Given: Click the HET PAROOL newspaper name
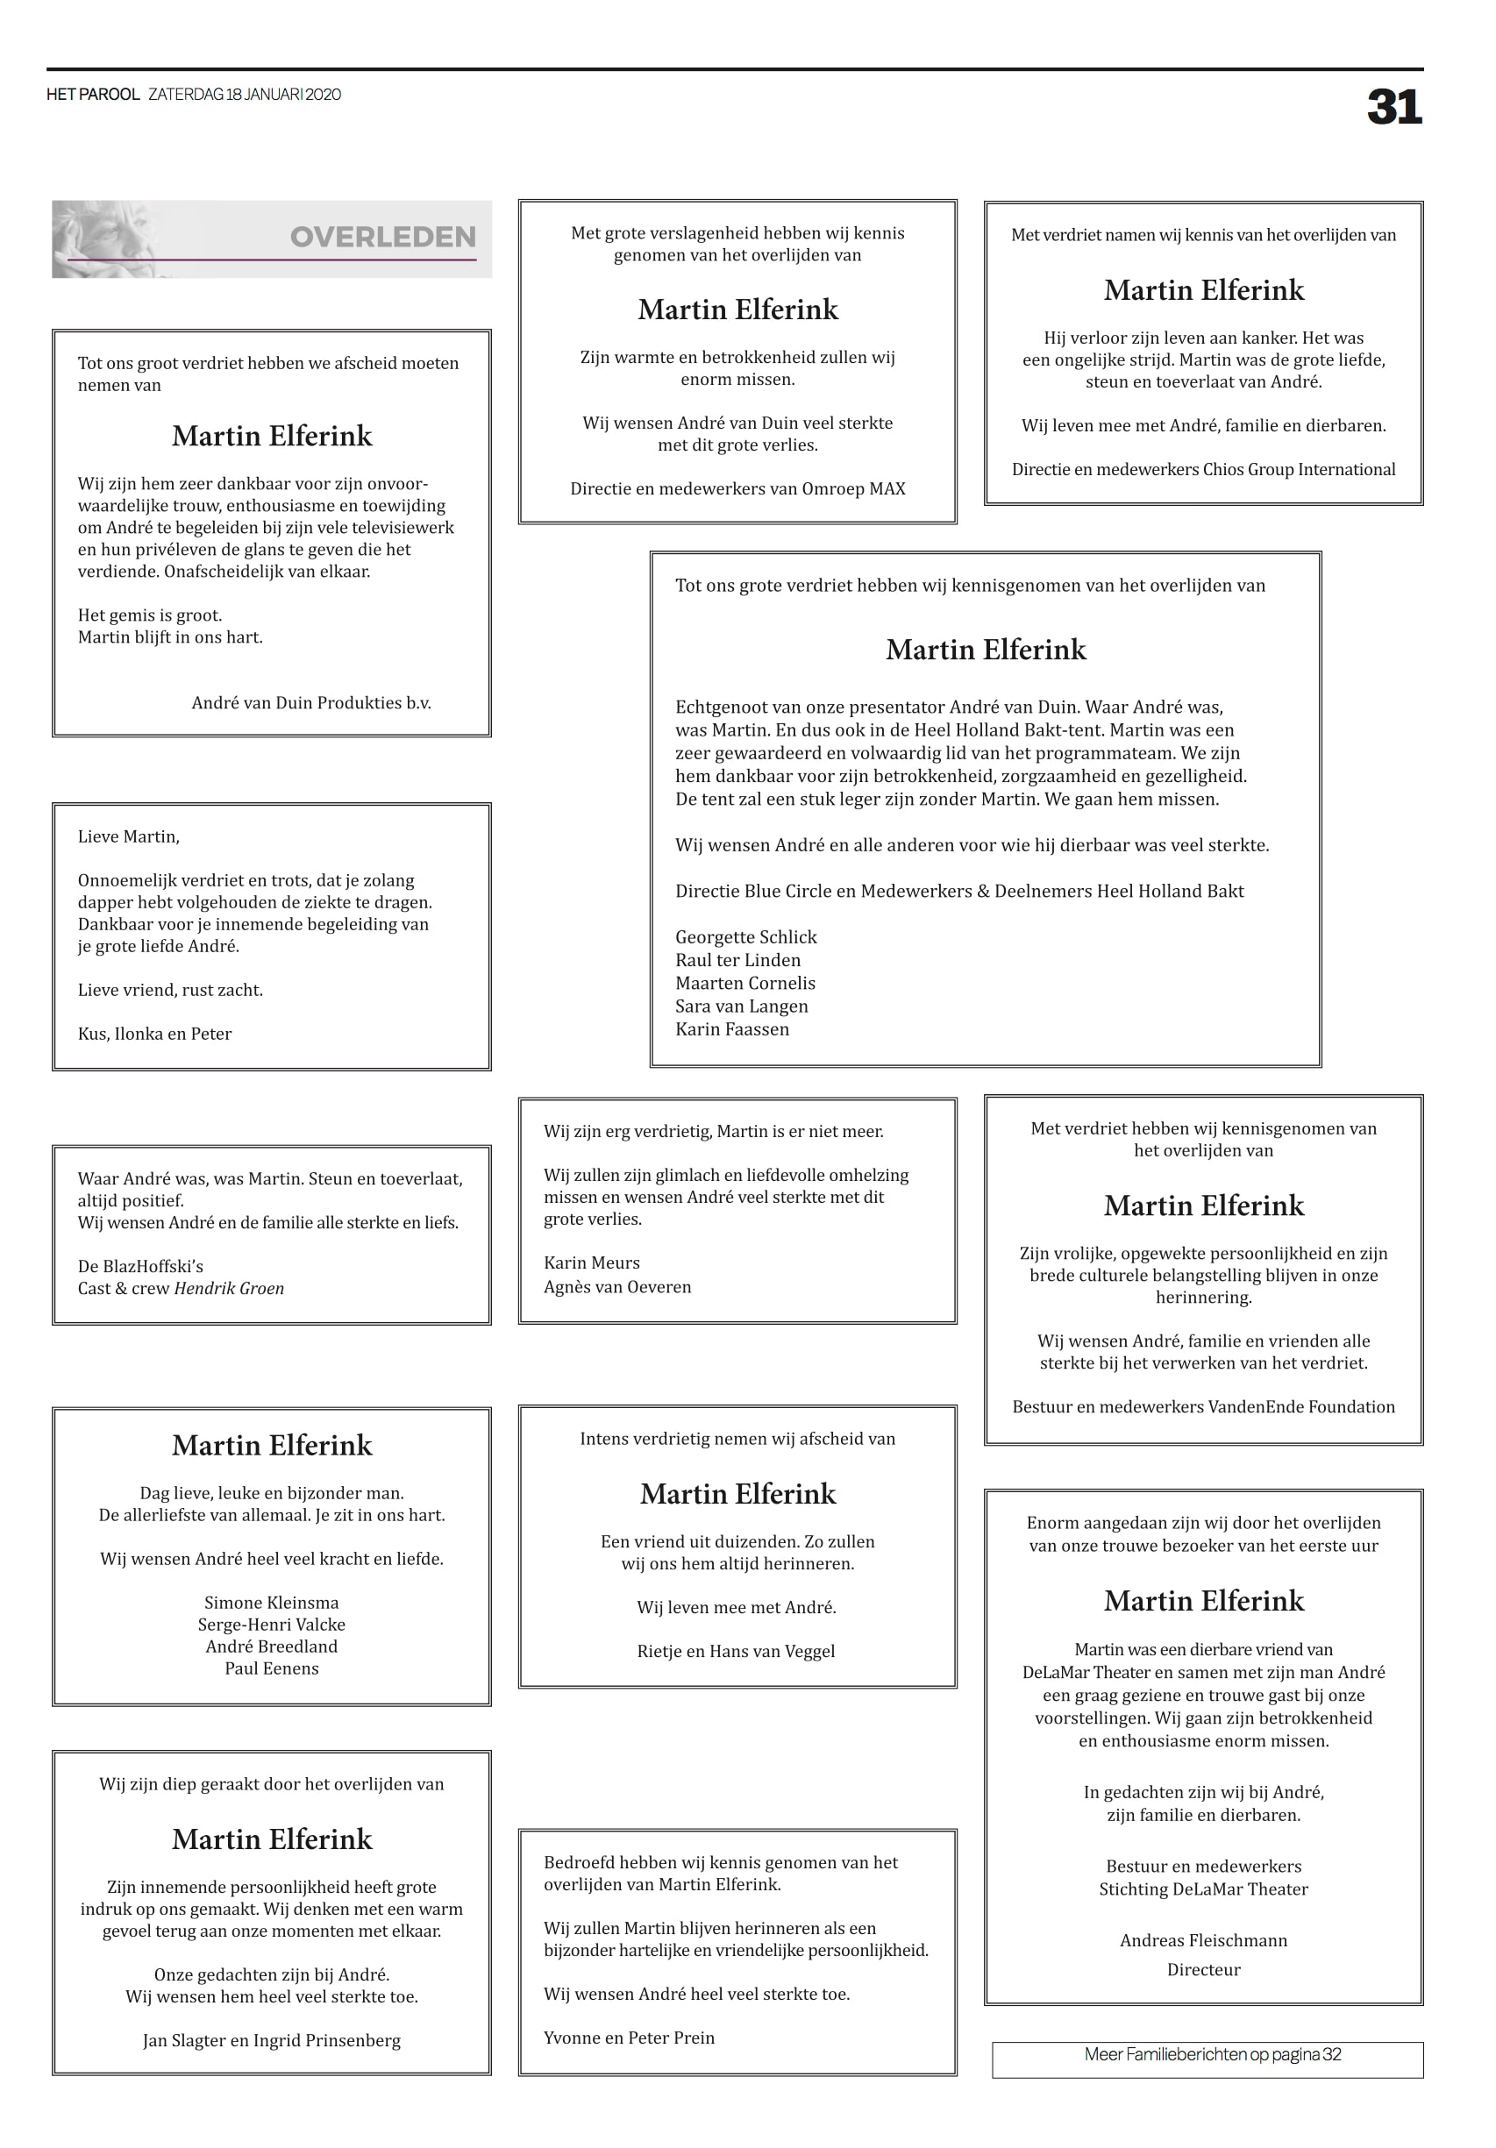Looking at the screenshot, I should click(x=93, y=95).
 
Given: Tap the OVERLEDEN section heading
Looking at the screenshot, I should click(x=382, y=238).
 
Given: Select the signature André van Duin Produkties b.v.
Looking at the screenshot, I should click(x=310, y=702).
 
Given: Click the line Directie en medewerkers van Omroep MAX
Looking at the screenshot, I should click(x=737, y=488).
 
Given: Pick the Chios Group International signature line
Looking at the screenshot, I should click(x=1203, y=470).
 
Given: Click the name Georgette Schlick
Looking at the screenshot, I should click(x=745, y=936).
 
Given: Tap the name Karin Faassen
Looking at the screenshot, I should click(x=731, y=1029).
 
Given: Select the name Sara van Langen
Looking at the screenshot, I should click(x=741, y=1006).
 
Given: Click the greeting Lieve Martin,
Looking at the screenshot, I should click(x=128, y=836).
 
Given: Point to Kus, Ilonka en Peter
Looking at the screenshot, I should click(x=154, y=1034).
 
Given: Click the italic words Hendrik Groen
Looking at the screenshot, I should click(x=229, y=1288).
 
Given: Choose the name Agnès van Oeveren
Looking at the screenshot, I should click(x=617, y=1286).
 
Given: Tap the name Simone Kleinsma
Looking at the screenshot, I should click(x=271, y=1603).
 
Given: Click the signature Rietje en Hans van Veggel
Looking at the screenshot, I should click(x=737, y=1651).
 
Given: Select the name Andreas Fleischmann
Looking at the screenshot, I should click(x=1203, y=1940).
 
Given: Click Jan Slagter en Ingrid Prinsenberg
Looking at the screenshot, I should click(x=271, y=2040).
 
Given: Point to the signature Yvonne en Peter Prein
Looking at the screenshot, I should click(x=629, y=2038).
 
